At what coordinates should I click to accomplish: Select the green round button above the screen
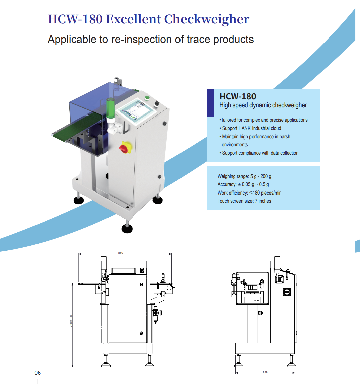tap(147, 98)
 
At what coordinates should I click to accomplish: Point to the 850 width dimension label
tap(121, 253)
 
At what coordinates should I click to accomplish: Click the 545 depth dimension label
tap(265, 372)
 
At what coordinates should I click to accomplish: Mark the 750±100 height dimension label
tap(71, 321)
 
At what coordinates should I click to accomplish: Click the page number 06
tap(38, 373)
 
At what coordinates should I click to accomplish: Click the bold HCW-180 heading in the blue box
tap(238, 96)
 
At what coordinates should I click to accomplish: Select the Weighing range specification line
tap(244, 176)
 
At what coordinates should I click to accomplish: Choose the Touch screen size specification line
tap(244, 201)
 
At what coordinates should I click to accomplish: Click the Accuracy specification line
tap(243, 184)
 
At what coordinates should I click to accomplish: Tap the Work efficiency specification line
tap(249, 193)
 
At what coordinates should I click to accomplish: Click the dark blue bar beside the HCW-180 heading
tap(210, 103)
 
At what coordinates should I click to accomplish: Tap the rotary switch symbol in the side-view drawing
tap(287, 292)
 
